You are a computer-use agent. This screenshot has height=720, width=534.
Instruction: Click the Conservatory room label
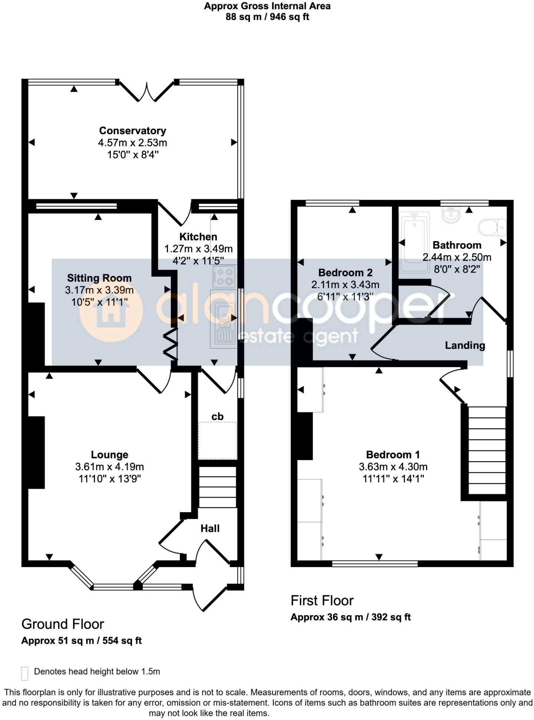coord(132,131)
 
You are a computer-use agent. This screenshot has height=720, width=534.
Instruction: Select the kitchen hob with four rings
coord(224,277)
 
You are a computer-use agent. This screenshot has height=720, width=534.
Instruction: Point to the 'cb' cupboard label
coord(217,417)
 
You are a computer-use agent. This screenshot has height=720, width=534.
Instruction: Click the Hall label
coord(210,529)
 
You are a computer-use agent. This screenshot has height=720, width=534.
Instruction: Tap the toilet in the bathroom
coord(492,227)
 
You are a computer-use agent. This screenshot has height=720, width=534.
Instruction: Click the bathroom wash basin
coord(451,214)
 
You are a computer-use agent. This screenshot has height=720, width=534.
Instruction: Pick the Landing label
coord(465,346)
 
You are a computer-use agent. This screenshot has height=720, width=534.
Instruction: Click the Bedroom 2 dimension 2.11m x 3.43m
coord(345,285)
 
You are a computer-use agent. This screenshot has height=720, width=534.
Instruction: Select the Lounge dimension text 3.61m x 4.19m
coord(109,467)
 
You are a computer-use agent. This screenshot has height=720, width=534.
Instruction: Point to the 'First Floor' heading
coord(322,600)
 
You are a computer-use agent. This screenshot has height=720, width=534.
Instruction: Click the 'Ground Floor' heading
coord(63,624)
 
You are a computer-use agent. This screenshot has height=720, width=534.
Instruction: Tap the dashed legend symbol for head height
coord(24,673)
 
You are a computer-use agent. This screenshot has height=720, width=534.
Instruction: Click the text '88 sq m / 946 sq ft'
coord(267,17)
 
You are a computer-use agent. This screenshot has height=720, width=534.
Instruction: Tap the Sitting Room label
coord(99,278)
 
